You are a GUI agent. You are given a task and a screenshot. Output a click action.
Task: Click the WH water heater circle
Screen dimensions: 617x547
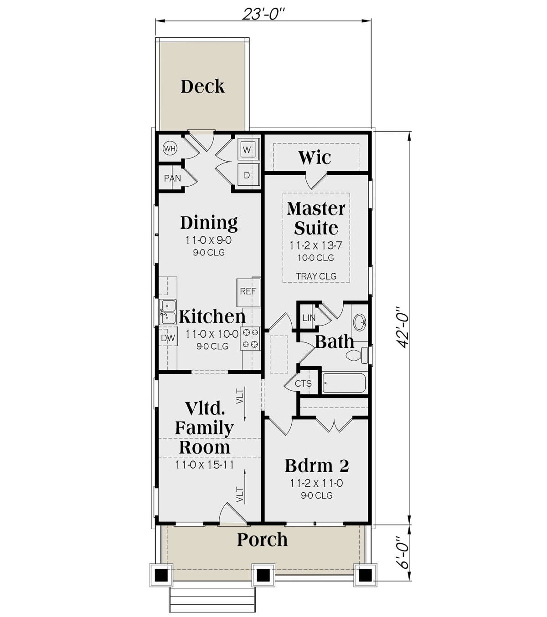tap(170, 148)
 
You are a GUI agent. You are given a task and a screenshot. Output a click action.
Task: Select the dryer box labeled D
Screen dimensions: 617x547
tap(247, 175)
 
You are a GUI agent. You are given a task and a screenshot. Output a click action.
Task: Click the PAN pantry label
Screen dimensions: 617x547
tap(172, 178)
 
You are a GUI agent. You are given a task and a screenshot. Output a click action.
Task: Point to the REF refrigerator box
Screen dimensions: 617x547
tap(248, 291)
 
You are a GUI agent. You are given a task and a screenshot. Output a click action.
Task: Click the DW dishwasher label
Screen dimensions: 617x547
tap(168, 338)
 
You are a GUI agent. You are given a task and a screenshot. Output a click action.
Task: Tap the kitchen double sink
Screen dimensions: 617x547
tap(168, 311)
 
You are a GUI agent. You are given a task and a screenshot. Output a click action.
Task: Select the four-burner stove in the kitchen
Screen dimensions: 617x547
tap(250, 338)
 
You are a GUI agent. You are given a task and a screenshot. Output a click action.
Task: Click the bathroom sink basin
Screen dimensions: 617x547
tap(360, 322)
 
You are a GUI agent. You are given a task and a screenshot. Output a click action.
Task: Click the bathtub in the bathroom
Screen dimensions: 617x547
tap(344, 383)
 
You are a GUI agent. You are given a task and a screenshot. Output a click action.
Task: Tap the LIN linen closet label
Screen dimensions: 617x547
tap(309, 318)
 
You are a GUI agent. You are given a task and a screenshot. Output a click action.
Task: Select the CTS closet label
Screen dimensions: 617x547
tap(303, 383)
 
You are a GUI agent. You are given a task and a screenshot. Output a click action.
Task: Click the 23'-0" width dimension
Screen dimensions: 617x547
tap(263, 14)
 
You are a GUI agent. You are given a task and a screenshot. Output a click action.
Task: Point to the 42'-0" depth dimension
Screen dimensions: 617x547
tap(403, 326)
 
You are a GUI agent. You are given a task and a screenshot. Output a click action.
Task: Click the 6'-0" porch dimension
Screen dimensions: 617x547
tap(403, 552)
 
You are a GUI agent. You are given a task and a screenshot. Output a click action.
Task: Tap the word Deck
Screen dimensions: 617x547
tap(202, 86)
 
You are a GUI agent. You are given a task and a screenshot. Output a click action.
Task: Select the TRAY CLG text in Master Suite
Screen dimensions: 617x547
tap(316, 276)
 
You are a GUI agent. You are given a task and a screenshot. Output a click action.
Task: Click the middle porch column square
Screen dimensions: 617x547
tap(263, 575)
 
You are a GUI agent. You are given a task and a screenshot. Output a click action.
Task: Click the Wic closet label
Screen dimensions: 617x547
tap(315, 158)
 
